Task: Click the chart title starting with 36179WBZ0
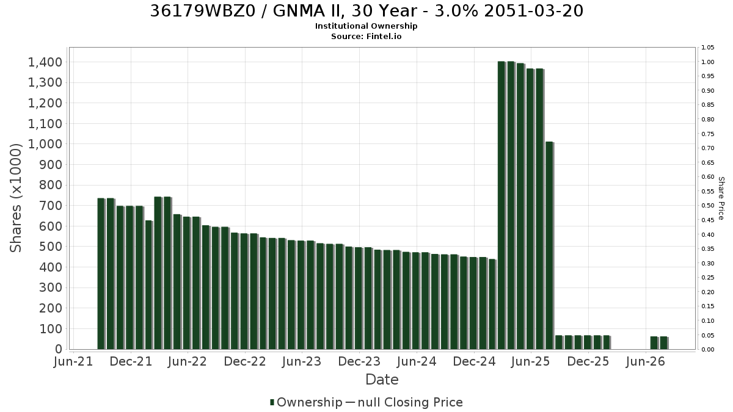click(366, 11)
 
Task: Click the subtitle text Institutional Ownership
click(366, 26)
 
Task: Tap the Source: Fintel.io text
click(366, 36)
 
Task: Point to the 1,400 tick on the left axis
click(45, 62)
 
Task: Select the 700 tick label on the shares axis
click(51, 206)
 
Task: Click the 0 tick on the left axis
click(59, 349)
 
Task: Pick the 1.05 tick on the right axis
click(707, 48)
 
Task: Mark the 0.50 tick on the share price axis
click(707, 206)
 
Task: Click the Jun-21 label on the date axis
click(73, 361)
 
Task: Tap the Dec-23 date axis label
click(359, 361)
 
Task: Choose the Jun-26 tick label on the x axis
click(645, 361)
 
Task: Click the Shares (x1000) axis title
click(16, 198)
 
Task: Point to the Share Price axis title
click(721, 198)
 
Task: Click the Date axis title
click(382, 380)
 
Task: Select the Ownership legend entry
click(306, 402)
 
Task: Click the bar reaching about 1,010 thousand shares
click(549, 245)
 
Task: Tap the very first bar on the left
click(101, 273)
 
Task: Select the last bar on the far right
click(664, 342)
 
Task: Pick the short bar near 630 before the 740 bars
click(149, 285)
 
